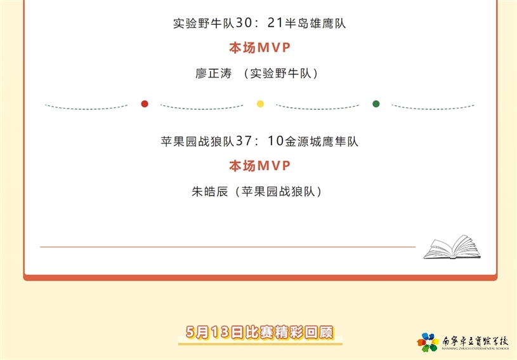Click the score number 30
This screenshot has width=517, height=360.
point(244,23)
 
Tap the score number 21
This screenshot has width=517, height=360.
point(275,23)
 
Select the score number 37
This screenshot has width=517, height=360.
point(244,141)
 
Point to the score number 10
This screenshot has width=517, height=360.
point(275,141)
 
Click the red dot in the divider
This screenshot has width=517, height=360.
point(145,104)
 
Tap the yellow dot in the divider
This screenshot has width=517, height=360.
point(260,104)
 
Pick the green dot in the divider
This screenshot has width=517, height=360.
point(376,104)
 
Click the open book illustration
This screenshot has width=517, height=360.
point(452,247)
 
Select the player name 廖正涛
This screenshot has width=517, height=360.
point(214,73)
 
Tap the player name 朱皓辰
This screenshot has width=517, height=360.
point(210,191)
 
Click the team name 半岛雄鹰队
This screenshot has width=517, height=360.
point(315,23)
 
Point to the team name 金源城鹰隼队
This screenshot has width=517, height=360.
point(322,141)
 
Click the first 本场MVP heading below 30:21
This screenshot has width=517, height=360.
point(260,48)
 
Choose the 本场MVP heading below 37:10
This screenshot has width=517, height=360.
point(260,166)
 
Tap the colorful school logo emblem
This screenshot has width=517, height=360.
point(428,342)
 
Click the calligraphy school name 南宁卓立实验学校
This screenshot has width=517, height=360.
point(475,341)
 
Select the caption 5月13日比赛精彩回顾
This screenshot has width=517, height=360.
point(260,332)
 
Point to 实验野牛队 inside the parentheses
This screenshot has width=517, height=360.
point(280,73)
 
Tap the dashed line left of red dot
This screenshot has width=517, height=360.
point(86,107)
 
